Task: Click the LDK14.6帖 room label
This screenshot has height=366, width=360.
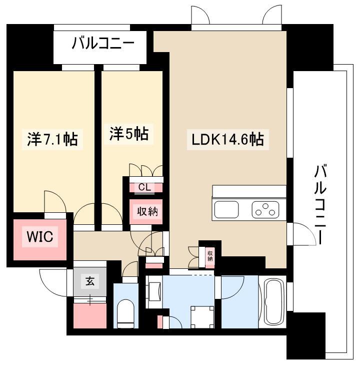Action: click(228, 140)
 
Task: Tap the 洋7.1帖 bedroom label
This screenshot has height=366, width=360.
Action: click(52, 139)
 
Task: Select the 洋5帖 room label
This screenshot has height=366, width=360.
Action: click(128, 134)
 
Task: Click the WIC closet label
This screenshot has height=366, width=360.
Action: click(40, 237)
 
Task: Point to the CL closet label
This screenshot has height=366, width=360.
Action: click(144, 187)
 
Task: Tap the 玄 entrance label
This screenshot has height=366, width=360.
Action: click(90, 281)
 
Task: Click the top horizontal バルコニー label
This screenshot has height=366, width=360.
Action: click(103, 43)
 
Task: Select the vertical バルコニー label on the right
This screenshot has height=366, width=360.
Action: click(320, 204)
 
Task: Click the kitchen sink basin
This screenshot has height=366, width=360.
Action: click(226, 209)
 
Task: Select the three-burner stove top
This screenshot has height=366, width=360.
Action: click(265, 209)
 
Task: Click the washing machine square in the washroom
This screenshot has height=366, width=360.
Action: click(202, 317)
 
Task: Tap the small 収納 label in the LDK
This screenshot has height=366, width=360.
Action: click(210, 255)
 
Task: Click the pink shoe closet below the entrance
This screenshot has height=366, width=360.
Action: click(90, 315)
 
